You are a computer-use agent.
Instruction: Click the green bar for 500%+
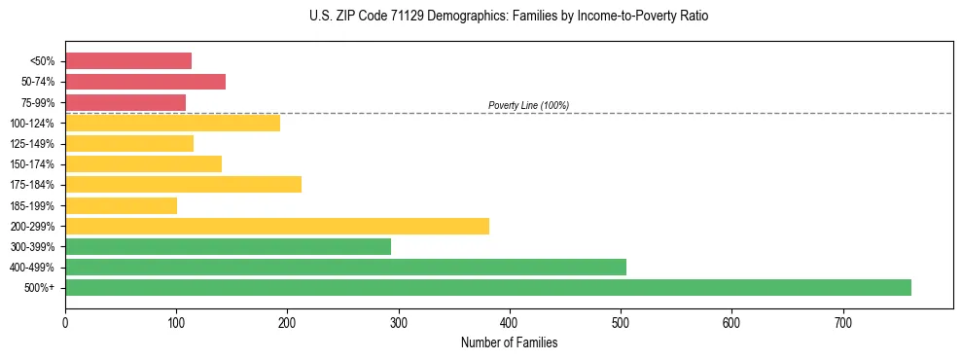(x=487, y=287)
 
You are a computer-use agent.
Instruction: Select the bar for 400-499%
(x=345, y=267)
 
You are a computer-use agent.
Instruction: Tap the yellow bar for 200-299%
(x=277, y=226)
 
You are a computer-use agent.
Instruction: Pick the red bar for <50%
(x=128, y=60)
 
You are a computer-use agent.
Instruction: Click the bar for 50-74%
(x=145, y=82)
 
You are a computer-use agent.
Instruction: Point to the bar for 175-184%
(x=183, y=184)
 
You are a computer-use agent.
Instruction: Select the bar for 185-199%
(x=121, y=205)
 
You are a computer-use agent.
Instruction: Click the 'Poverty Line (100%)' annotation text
(x=528, y=105)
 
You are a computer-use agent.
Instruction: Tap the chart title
(x=510, y=17)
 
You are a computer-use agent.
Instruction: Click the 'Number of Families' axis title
(x=509, y=342)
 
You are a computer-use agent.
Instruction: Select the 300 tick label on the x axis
(x=398, y=323)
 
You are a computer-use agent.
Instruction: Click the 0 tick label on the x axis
(x=65, y=323)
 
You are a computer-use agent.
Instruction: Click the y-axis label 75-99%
(x=36, y=103)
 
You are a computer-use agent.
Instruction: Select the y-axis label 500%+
(x=40, y=288)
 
